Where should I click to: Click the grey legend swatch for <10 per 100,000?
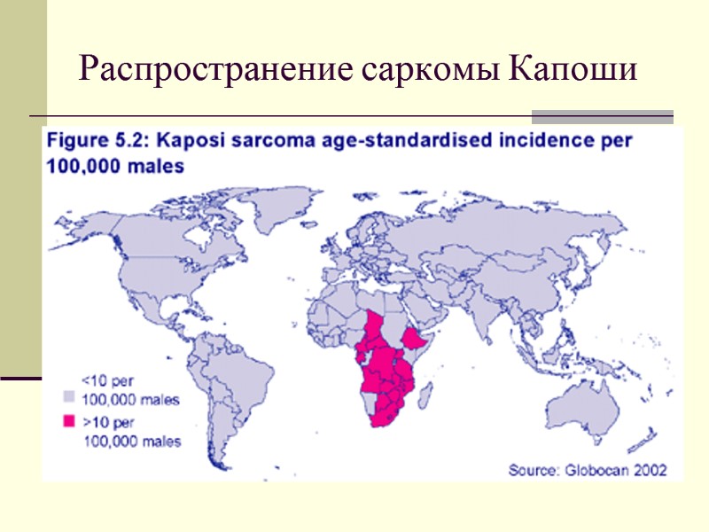click(68, 398)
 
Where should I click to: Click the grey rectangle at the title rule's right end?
click(602, 116)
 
